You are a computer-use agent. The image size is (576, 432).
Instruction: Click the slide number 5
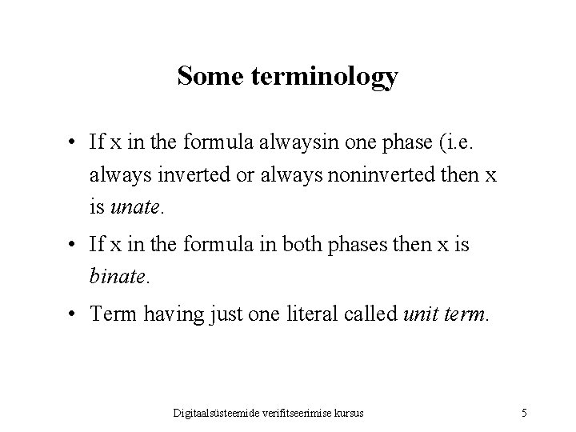(523, 413)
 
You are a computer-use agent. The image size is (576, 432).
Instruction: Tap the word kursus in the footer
(349, 413)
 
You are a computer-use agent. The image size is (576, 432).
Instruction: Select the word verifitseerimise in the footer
(298, 413)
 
